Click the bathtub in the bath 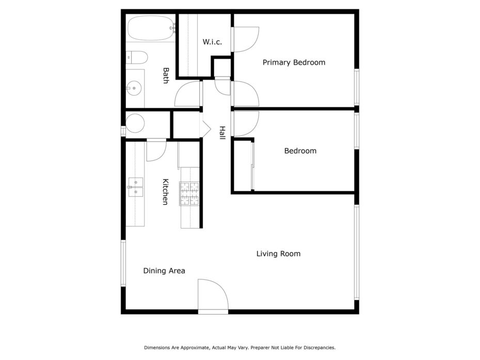150,28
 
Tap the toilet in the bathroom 137,58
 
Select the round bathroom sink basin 134,88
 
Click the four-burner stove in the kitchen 189,194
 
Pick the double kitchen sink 135,187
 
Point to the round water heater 135,123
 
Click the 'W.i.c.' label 212,42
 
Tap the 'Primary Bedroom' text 294,62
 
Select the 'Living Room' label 278,254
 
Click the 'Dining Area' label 164,271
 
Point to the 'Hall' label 222,133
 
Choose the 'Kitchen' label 165,192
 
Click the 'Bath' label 166,75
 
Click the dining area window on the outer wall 123,263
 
